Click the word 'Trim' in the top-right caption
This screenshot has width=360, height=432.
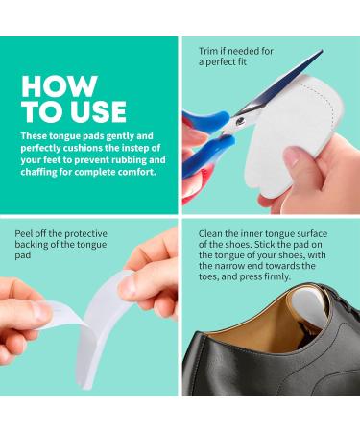[208, 49]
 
